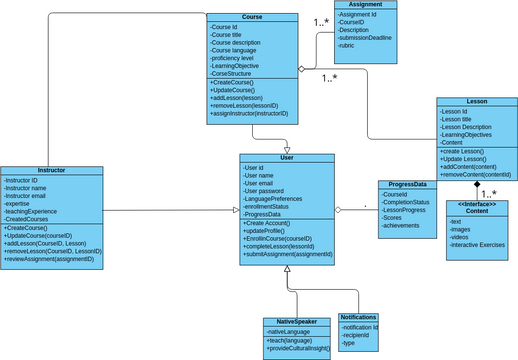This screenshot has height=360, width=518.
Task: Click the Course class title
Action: pos(252,17)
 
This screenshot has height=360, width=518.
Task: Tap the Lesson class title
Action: pos(476,102)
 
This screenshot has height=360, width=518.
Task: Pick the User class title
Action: pos(287,157)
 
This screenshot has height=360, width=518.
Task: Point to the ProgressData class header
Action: pos(407,184)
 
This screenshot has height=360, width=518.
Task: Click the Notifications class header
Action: pos(359,317)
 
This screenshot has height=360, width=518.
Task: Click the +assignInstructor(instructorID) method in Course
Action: pos(249,114)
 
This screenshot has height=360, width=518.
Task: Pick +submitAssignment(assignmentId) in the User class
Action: pos(288,255)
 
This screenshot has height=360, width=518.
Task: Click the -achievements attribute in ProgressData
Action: pos(400,226)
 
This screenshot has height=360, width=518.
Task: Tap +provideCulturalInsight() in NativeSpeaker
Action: pos(299,349)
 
